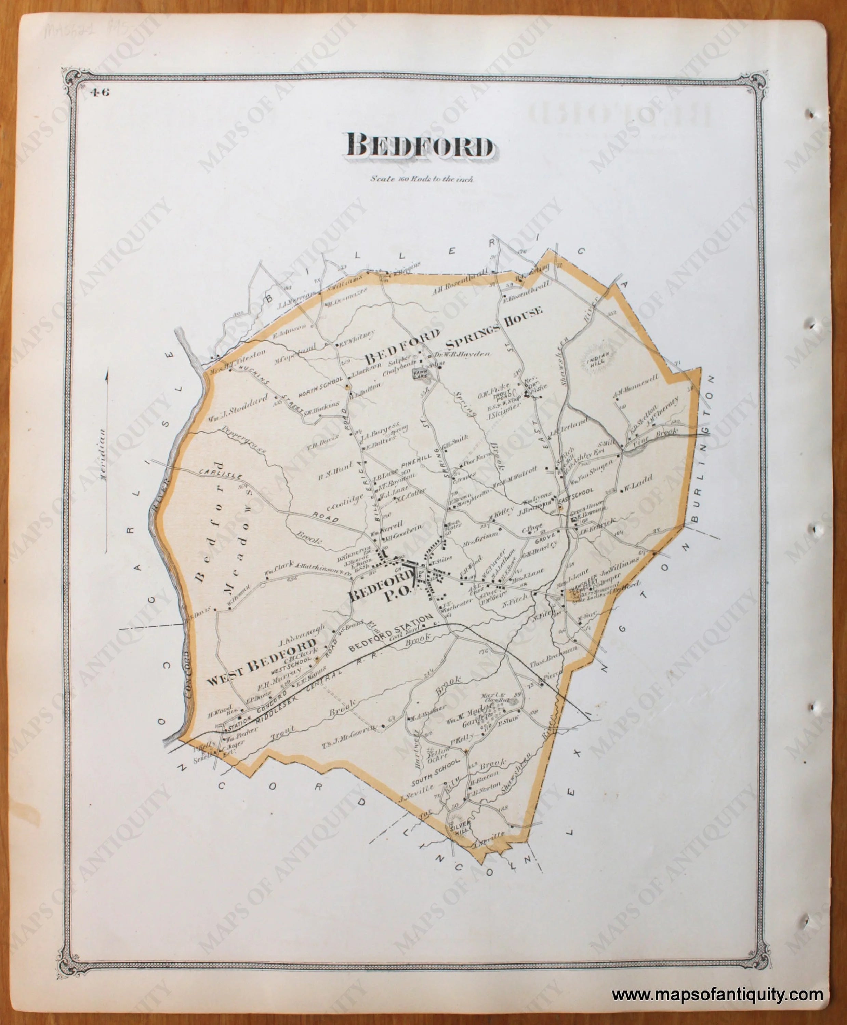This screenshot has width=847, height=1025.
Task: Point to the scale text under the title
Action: click(x=422, y=179)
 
